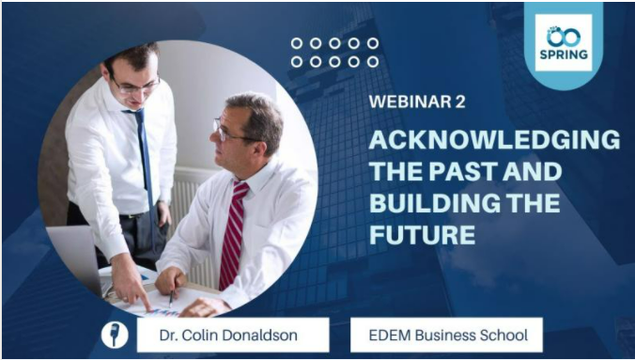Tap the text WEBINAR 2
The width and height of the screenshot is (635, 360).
point(417,102)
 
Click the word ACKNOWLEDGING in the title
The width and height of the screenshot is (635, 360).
point(494,140)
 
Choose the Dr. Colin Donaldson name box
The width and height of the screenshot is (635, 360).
point(232,334)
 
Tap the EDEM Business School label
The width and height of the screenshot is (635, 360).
point(445,334)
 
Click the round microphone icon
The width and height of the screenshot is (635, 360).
point(114,334)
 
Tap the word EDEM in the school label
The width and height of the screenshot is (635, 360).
point(383,334)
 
